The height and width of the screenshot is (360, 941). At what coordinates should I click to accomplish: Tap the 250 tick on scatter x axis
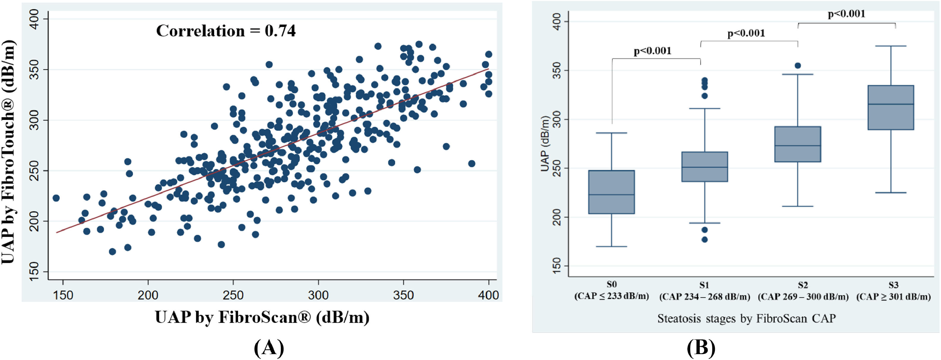233,295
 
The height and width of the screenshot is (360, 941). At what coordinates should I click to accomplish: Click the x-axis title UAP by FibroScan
262,317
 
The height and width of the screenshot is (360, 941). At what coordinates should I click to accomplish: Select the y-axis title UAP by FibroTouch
9,152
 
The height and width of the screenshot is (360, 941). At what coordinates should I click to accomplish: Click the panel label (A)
269,348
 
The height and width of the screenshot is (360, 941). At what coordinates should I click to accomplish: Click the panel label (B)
701,348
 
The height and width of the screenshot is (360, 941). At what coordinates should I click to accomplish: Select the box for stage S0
611,192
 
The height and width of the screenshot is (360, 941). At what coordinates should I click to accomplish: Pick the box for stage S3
890,107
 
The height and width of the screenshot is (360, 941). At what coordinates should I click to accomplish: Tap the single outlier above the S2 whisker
798,66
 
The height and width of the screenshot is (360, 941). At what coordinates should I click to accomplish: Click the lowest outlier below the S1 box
704,240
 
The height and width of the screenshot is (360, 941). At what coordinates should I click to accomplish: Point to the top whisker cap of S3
890,46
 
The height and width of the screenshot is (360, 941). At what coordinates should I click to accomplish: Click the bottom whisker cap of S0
611,247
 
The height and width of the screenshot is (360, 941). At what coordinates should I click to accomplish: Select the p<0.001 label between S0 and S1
652,51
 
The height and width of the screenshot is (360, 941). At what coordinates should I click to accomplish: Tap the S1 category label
704,285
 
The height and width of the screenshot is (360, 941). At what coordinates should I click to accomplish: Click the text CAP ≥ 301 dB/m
893,296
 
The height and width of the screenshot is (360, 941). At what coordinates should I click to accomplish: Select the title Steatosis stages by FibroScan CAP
746,318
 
